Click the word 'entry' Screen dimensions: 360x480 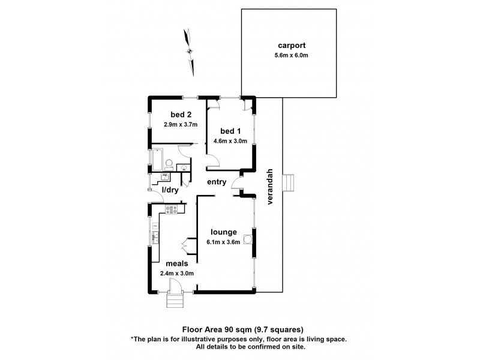click(216, 182)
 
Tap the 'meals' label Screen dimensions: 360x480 click(178, 263)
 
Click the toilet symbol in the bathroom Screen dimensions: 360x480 click(170, 162)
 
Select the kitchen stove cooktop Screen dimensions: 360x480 click(171, 210)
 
